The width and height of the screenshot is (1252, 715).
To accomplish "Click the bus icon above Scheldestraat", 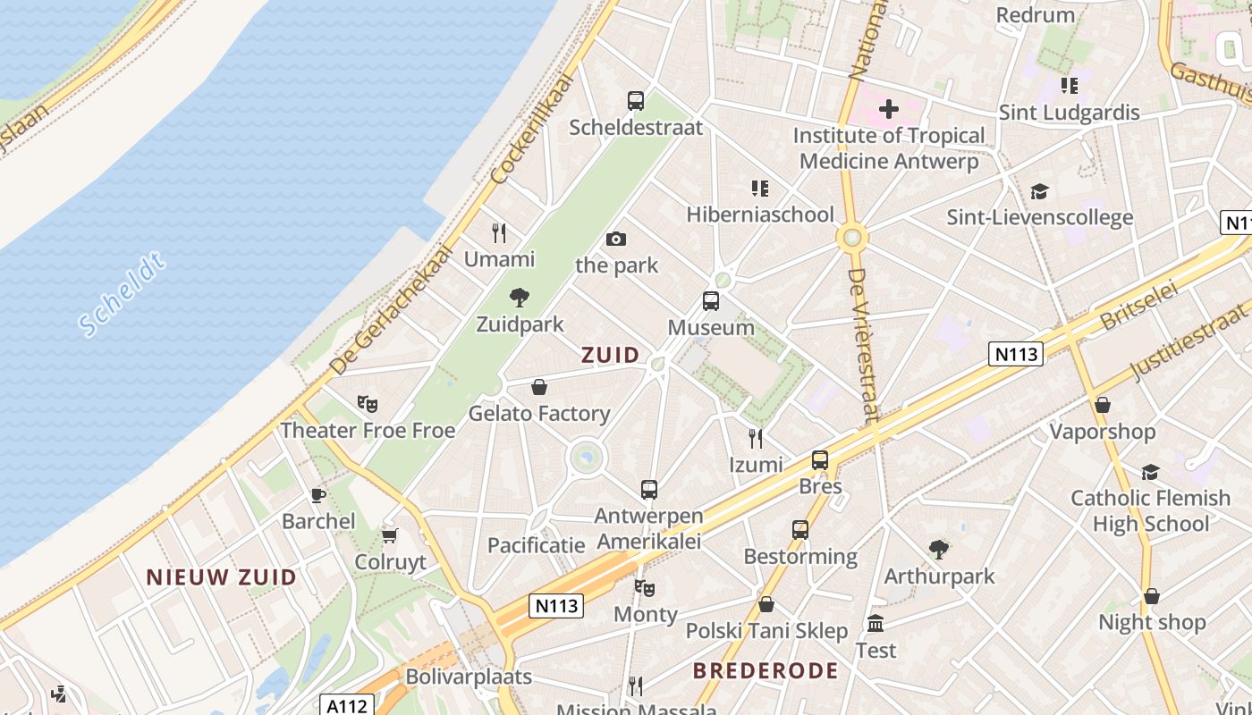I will (636, 101).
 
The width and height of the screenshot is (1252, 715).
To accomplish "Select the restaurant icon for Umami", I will (499, 233).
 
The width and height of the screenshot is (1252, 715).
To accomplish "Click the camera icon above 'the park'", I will (616, 239).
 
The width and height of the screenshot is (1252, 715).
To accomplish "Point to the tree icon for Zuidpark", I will (520, 298).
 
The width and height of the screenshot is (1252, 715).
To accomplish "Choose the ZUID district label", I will (611, 355).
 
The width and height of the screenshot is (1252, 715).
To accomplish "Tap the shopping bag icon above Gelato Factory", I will (539, 387).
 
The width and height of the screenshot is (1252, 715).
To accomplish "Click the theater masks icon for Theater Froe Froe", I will (367, 404).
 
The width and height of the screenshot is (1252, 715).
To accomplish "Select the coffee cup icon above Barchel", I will (318, 495).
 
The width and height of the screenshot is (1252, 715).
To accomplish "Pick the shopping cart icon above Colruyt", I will (389, 535).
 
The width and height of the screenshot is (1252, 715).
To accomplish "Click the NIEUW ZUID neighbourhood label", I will (221, 577).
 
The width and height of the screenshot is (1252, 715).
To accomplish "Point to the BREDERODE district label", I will (766, 670).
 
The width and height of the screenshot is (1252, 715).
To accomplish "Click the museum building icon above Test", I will (876, 624).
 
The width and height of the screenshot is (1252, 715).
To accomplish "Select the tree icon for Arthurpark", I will (939, 550).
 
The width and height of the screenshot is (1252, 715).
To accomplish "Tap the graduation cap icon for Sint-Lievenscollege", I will (1039, 191).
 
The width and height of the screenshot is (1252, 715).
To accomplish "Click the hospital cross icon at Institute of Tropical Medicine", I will (888, 109).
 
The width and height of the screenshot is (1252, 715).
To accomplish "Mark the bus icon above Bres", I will (820, 460).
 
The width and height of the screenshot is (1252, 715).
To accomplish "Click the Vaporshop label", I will (1103, 432).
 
